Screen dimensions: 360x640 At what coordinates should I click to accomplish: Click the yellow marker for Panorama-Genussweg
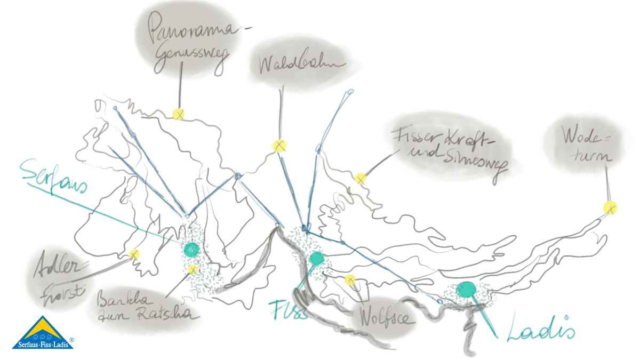178,114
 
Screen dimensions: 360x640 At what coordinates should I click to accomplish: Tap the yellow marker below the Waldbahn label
279,146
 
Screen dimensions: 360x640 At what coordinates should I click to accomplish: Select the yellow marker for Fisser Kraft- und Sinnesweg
361,178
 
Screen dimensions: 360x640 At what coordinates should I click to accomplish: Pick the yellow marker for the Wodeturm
610,207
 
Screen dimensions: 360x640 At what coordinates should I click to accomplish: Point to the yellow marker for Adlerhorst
134,254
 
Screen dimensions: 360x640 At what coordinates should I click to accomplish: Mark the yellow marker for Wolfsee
350,279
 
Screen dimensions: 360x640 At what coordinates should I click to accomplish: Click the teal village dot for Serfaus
190,249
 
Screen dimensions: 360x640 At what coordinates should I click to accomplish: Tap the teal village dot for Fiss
316,260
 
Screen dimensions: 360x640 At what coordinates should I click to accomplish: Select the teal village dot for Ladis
467,290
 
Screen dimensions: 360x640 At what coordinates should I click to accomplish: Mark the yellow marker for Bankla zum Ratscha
193,269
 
